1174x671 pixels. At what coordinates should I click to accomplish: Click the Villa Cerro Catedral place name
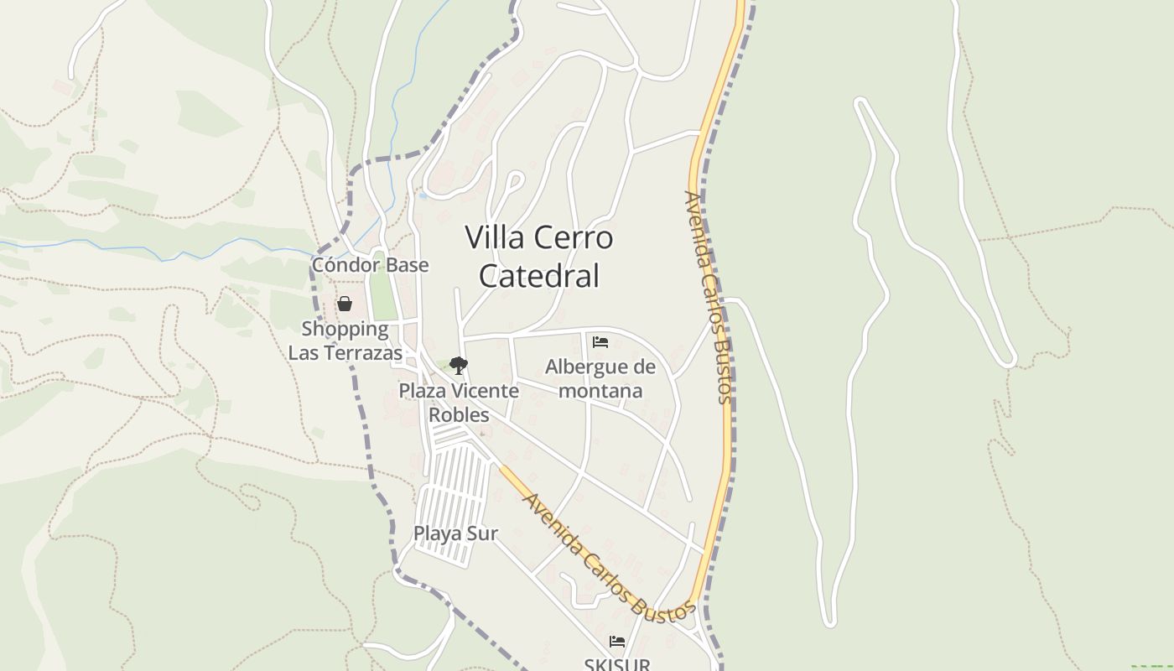point(538,256)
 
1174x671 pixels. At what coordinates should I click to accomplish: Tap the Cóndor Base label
point(370,265)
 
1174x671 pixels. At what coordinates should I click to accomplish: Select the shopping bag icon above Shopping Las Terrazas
point(345,304)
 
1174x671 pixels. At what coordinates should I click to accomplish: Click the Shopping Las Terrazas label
point(345,341)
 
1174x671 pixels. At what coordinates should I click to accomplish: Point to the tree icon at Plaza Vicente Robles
point(458,365)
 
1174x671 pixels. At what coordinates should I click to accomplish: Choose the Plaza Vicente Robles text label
point(459,403)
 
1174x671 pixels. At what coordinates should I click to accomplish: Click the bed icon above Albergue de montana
point(600,342)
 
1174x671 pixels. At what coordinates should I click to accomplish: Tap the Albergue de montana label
point(600,378)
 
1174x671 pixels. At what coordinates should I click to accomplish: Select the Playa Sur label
point(455,533)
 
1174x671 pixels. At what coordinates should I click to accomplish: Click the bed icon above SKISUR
point(617,642)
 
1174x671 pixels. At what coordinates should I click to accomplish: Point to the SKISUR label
point(617,664)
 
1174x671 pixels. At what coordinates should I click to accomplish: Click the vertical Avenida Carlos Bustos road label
point(709,298)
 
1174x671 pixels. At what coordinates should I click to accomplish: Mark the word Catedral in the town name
point(538,276)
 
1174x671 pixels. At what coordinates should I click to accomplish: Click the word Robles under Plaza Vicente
point(459,414)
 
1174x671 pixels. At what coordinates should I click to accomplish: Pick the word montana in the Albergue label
point(600,390)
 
